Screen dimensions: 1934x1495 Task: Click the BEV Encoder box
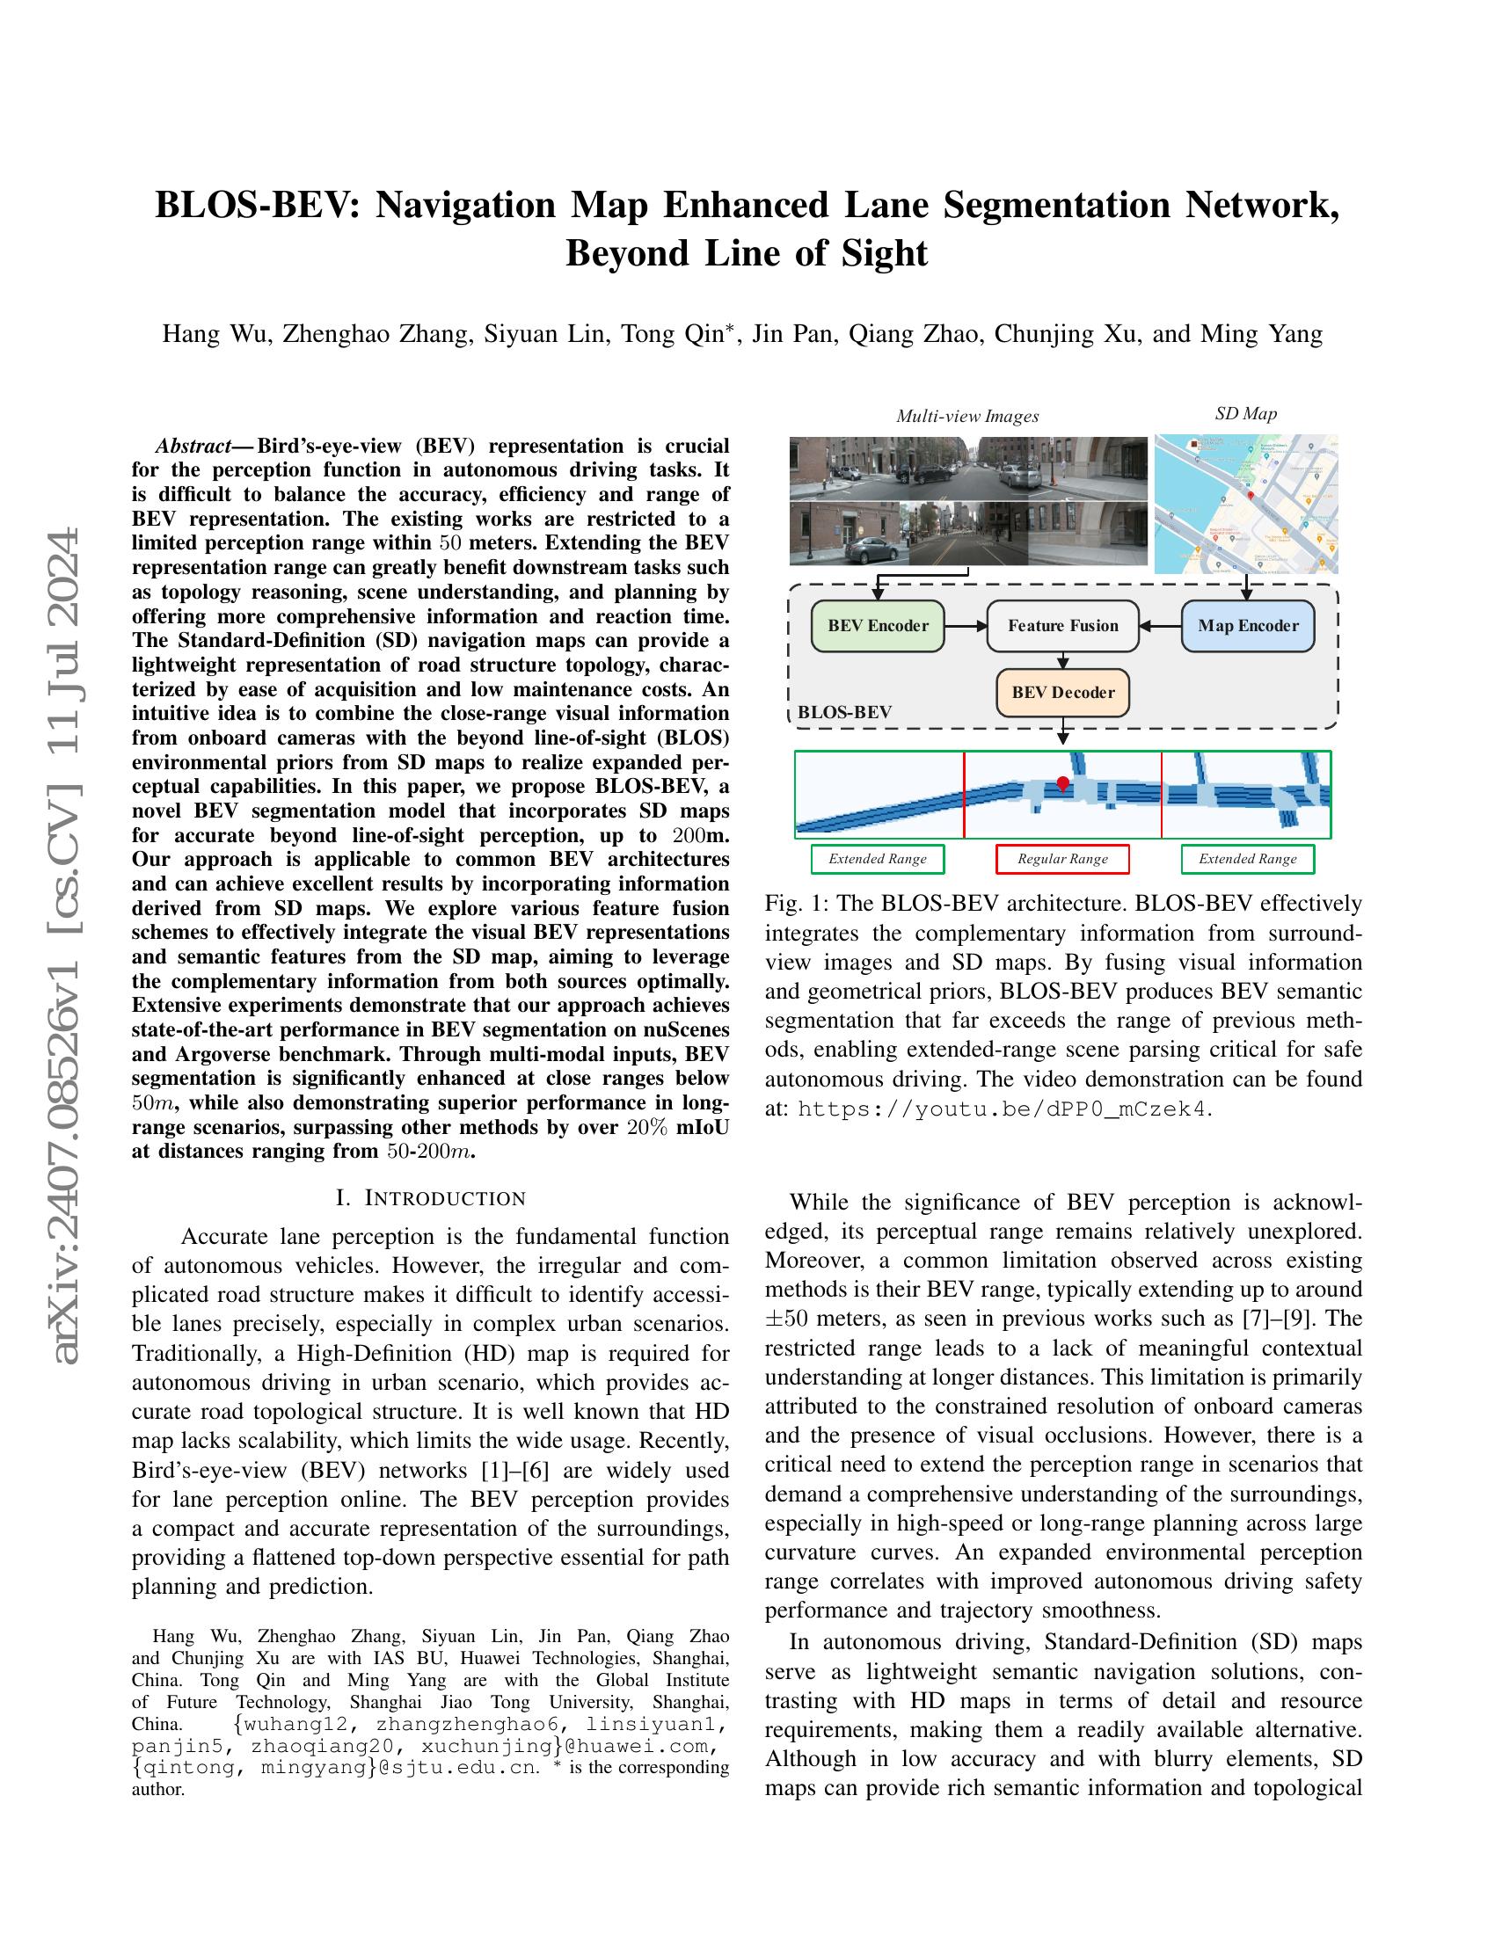pyautogui.click(x=878, y=625)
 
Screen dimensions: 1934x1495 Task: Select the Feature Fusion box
pyautogui.click(x=1063, y=625)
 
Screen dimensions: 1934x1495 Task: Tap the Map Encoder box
pyautogui.click(x=1247, y=625)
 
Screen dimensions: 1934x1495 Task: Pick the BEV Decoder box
pyautogui.click(x=1063, y=693)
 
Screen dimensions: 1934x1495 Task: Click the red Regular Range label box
pyautogui.click(x=1062, y=858)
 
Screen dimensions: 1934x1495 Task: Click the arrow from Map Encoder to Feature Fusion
pyautogui.click(x=1160, y=625)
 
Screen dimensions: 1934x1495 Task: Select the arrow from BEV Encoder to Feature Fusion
pyautogui.click(x=966, y=625)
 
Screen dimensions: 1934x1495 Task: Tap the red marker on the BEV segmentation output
pyautogui.click(x=1063, y=782)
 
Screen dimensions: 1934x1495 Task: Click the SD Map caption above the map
pyautogui.click(x=1245, y=413)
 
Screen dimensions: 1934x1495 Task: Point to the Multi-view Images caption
pyautogui.click(x=967, y=416)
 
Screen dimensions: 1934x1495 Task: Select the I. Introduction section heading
pyautogui.click(x=431, y=1198)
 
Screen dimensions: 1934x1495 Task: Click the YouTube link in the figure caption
pyautogui.click(x=1001, y=1109)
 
